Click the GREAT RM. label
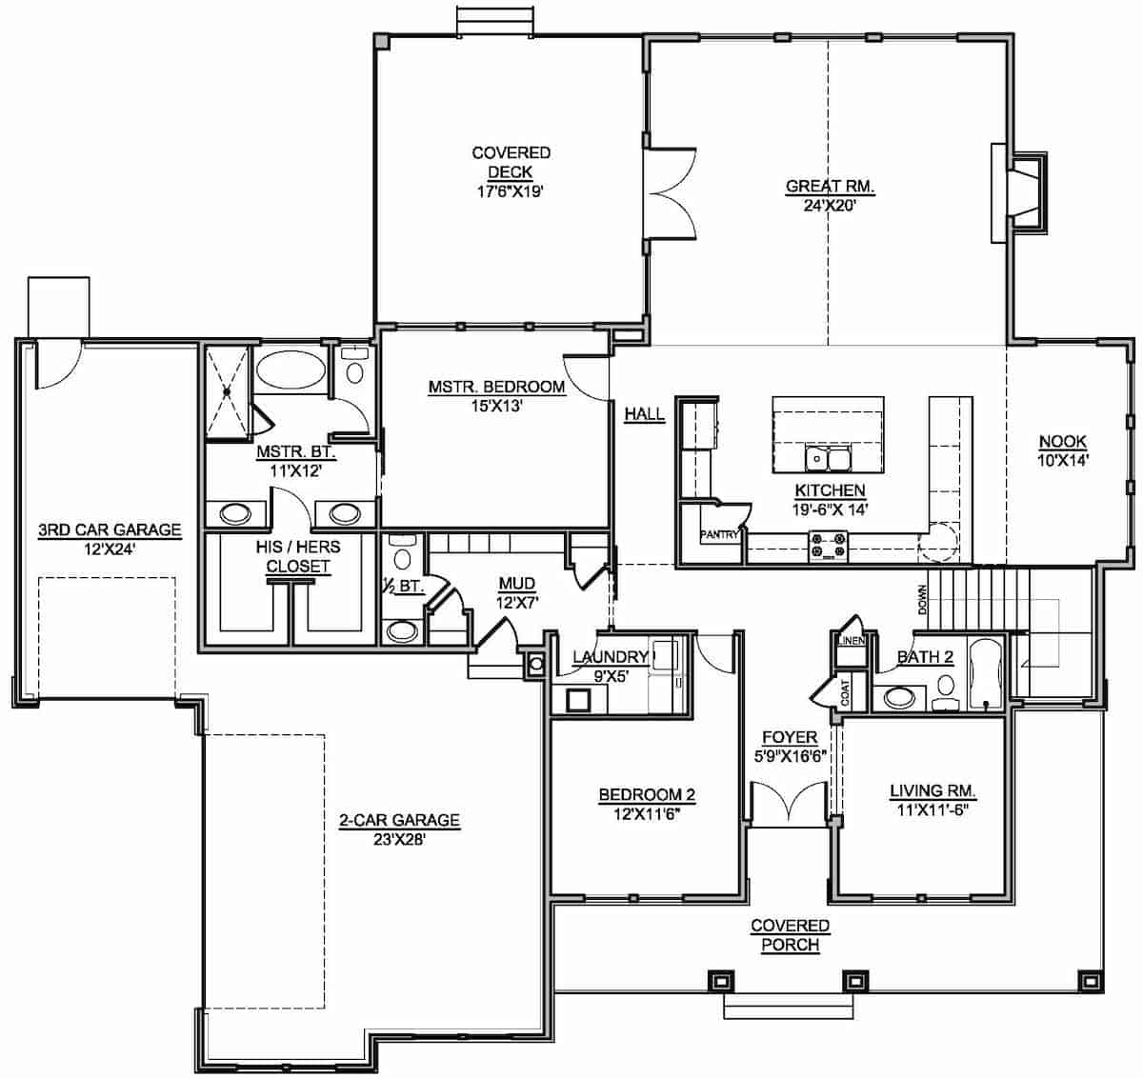830,187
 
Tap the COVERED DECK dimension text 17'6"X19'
511,191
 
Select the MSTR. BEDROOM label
496,387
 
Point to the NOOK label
1062,441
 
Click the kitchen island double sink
828,459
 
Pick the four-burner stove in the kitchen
828,547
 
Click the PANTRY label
719,535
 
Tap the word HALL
645,414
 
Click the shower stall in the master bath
228,389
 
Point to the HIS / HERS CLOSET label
297,557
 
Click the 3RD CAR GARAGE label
109,529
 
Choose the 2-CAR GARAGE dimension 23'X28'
399,839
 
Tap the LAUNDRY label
610,657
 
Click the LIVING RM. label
932,790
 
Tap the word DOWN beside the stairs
921,599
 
